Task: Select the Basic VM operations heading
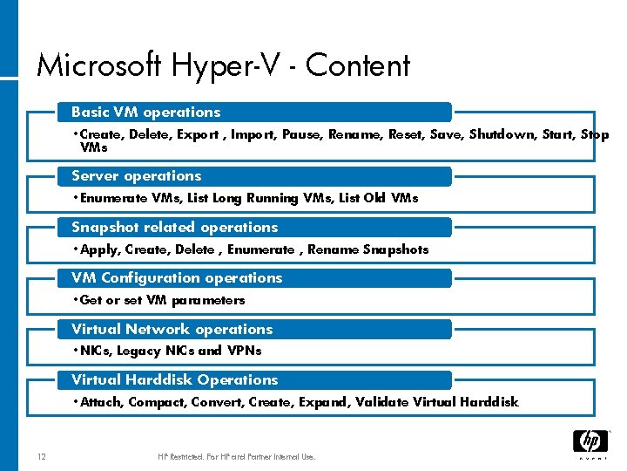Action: point(145,112)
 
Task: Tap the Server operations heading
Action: point(136,175)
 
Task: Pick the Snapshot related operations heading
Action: point(174,227)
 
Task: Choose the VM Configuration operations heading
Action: point(177,277)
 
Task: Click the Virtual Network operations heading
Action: point(172,329)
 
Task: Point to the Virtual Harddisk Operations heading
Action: point(174,379)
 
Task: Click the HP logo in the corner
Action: point(590,442)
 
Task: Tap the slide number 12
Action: point(42,456)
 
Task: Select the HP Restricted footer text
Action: point(236,456)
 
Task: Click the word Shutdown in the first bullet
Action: point(498,134)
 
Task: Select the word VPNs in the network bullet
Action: point(244,351)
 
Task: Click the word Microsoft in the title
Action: point(99,66)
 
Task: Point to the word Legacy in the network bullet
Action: point(139,351)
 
